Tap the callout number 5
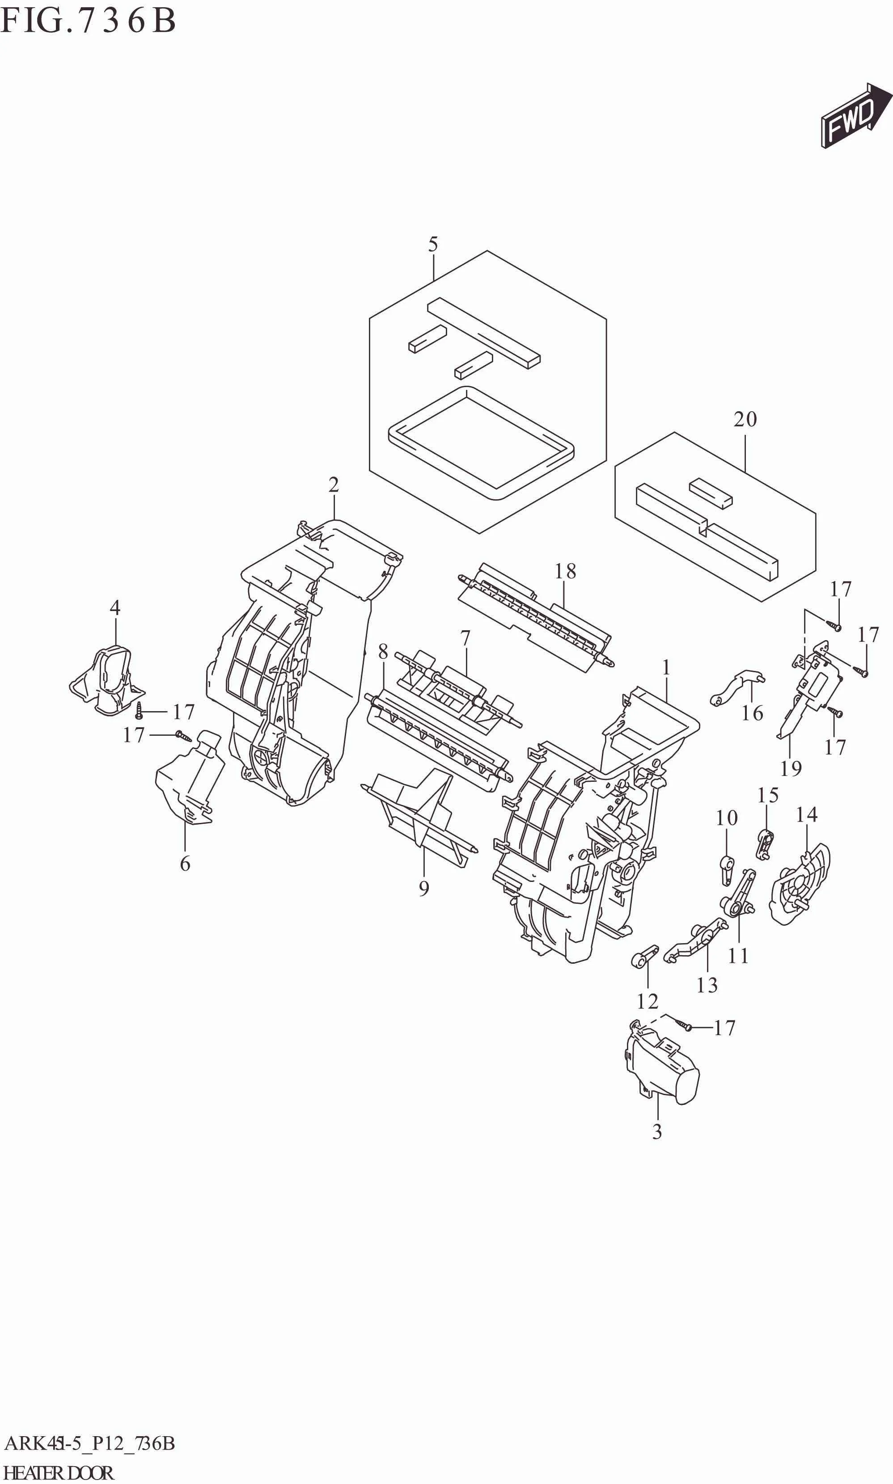(x=433, y=244)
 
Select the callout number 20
(x=745, y=419)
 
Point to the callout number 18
(x=565, y=571)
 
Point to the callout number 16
(x=752, y=713)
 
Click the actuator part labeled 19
(x=813, y=692)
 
